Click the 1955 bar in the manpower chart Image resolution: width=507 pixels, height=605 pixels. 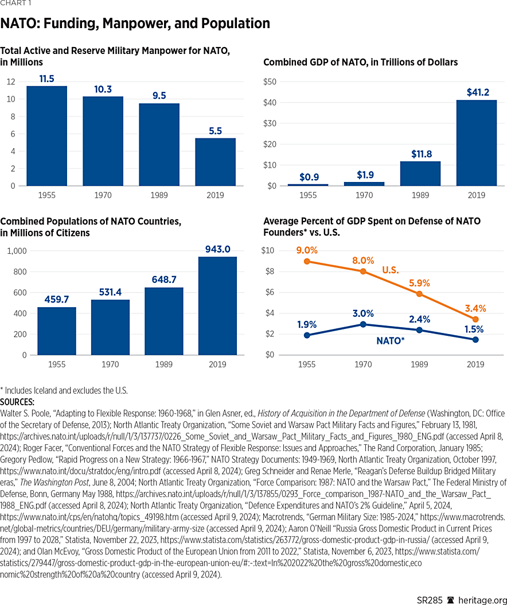point(46,136)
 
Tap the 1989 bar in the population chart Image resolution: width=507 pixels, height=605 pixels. point(163,321)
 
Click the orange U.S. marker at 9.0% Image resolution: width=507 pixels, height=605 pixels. point(307,261)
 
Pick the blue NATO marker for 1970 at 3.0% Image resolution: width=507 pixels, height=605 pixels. point(364,324)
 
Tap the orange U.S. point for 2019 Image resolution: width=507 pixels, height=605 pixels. point(475,319)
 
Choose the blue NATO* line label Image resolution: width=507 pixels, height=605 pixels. point(390,340)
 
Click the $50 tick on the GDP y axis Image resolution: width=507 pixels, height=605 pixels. point(270,82)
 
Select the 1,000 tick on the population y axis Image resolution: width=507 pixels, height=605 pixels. point(17,251)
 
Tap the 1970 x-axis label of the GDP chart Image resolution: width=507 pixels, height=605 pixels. point(364,195)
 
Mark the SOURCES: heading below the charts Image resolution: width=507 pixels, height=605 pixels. point(18,402)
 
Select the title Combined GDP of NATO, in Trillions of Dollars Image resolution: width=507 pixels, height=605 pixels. point(360,62)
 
